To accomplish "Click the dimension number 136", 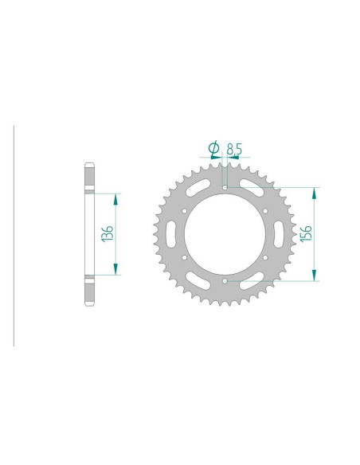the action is point(108,234).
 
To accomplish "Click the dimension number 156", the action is point(306,233).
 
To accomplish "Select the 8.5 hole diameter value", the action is point(234,149).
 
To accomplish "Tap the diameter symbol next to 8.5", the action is point(213,147).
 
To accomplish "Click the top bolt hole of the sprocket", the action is point(225,187).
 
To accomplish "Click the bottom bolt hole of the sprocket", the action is point(225,280).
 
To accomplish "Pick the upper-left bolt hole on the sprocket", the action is point(185,211).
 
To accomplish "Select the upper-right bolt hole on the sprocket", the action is point(265,211).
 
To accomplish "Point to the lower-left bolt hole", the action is point(185,257).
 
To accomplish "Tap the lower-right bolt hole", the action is point(265,257).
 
